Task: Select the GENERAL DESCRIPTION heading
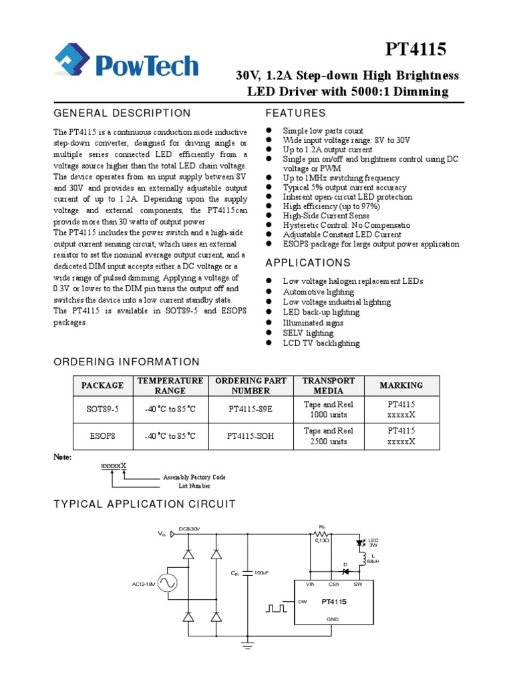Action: pyautogui.click(x=122, y=113)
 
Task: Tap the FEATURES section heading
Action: pyautogui.click(x=295, y=113)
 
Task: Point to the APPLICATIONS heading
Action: pyautogui.click(x=308, y=263)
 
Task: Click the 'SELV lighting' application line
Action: pyautogui.click(x=308, y=333)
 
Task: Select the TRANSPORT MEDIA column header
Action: pyautogui.click(x=328, y=385)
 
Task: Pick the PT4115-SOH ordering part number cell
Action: pyautogui.click(x=250, y=436)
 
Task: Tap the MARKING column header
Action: pyautogui.click(x=401, y=385)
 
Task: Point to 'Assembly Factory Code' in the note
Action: pyautogui.click(x=194, y=478)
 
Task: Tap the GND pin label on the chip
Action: pyautogui.click(x=333, y=619)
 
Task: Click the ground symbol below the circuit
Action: pyautogui.click(x=248, y=646)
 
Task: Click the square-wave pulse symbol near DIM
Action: pyautogui.click(x=276, y=609)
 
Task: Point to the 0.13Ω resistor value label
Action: pyautogui.click(x=322, y=540)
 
